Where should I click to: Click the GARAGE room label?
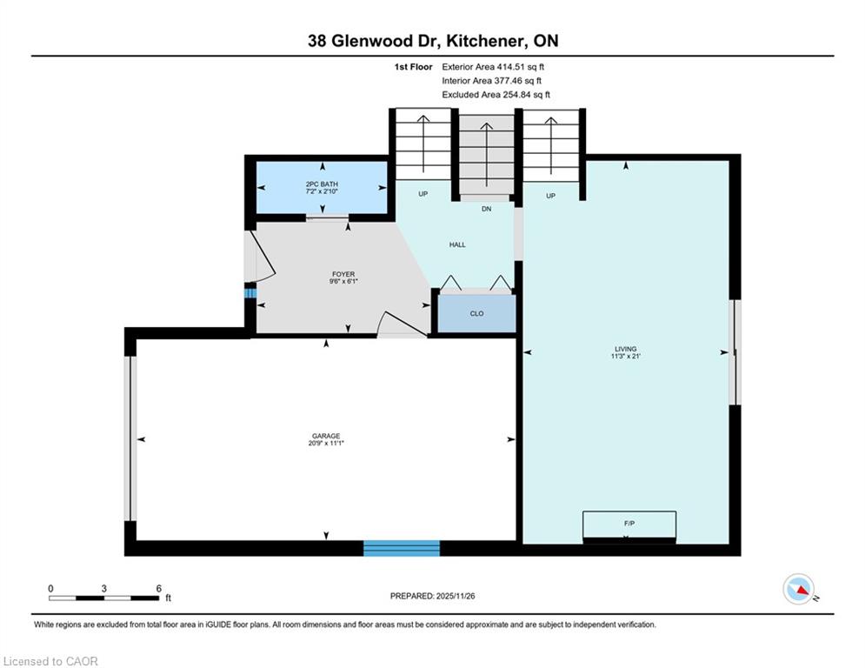[325, 436]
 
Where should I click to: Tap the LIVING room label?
[626, 349]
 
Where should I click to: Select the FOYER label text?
[343, 274]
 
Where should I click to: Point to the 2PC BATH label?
[322, 184]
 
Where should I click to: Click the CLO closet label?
[476, 313]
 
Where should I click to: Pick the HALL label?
[457, 244]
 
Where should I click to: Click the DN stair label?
[486, 209]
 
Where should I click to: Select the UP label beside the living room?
[550, 196]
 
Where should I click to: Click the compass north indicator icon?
[798, 589]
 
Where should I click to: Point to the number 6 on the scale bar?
[159, 589]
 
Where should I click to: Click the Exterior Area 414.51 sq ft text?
[493, 67]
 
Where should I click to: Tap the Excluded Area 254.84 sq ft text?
[496, 95]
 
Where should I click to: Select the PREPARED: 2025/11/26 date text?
[433, 596]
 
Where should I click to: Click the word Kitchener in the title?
[485, 41]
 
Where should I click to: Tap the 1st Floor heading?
[413, 67]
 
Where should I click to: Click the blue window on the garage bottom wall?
[402, 548]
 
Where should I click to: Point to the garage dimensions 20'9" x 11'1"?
[326, 443]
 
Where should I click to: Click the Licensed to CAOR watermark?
[50, 661]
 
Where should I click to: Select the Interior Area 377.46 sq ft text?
[491, 81]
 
